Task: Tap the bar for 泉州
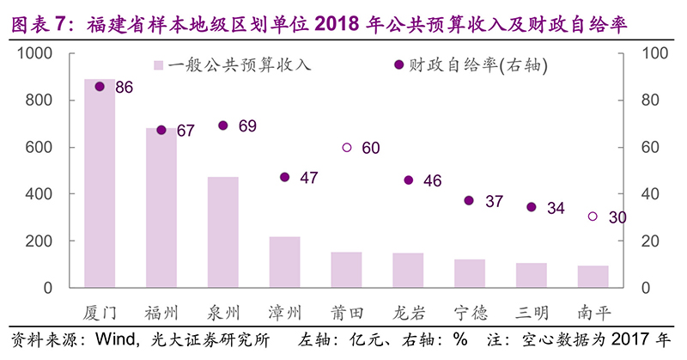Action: (223, 232)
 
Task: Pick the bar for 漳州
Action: (285, 262)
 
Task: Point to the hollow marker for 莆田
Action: (347, 148)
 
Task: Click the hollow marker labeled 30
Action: (593, 217)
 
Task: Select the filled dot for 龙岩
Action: (409, 180)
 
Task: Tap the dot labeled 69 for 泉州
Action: (223, 125)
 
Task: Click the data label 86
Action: (124, 87)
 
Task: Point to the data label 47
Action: (309, 178)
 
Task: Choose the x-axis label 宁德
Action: (470, 309)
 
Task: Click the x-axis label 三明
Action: (532, 309)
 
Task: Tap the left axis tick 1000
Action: (37, 53)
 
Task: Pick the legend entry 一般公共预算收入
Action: (232, 65)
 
